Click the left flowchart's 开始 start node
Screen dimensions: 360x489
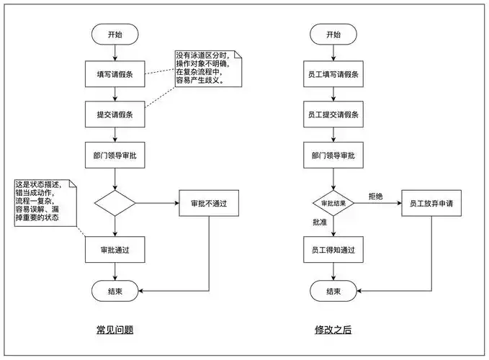pyautogui.click(x=115, y=34)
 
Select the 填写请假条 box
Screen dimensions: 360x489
pyautogui.click(x=115, y=74)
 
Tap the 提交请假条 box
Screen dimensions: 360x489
pyautogui.click(x=115, y=114)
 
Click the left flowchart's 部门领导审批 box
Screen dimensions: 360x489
pyautogui.click(x=115, y=155)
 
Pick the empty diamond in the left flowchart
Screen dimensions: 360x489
pyautogui.click(x=115, y=203)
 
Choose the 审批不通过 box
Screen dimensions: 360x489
pyautogui.click(x=209, y=203)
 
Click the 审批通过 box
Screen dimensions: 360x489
pyautogui.click(x=115, y=250)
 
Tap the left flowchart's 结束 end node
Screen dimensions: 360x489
pyautogui.click(x=115, y=291)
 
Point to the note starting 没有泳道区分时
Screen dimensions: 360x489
pyautogui.click(x=205, y=68)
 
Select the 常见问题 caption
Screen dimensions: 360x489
pyautogui.click(x=115, y=330)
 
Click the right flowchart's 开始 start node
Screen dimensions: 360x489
pyautogui.click(x=333, y=34)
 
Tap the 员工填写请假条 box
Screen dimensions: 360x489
pyautogui.click(x=333, y=74)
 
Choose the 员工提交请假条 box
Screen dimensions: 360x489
pyautogui.click(x=333, y=114)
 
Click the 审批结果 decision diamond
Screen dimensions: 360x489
pyautogui.click(x=333, y=203)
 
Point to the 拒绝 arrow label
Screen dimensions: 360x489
pyautogui.click(x=376, y=196)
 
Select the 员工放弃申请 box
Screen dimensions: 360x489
pyautogui.click(x=431, y=203)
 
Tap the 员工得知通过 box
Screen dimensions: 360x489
pyautogui.click(x=333, y=250)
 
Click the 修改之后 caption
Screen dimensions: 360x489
pyautogui.click(x=333, y=330)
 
